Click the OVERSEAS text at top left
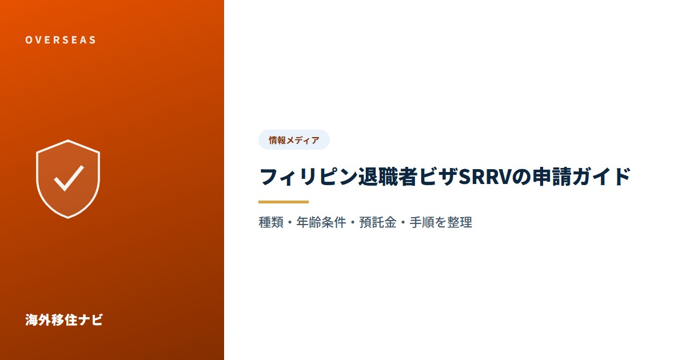[61, 40]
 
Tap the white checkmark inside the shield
[69, 178]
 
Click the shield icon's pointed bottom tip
[68, 218]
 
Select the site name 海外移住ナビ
[63, 320]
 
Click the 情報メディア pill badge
[294, 140]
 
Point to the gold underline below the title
[284, 202]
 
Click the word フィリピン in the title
[308, 177]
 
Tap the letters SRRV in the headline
[485, 177]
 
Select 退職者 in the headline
[388, 177]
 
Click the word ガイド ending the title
[601, 177]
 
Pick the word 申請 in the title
[551, 177]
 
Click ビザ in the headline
[438, 177]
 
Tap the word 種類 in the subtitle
[271, 222]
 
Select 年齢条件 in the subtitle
[321, 222]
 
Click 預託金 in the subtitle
[378, 222]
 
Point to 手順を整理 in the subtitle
[441, 222]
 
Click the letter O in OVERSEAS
[29, 40]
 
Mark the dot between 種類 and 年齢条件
[290, 222]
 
